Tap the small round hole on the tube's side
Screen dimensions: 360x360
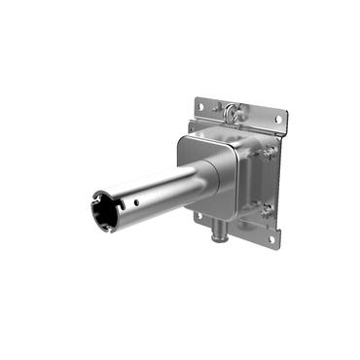click(136, 202)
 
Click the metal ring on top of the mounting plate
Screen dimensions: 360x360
click(234, 114)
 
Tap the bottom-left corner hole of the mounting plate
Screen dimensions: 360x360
click(198, 215)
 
